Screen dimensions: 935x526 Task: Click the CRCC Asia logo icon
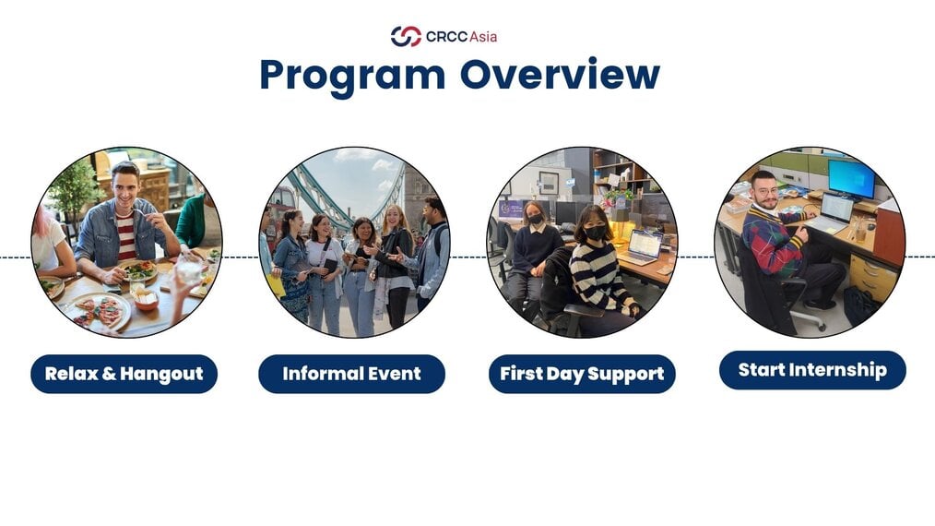tap(406, 36)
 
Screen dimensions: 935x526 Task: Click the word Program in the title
tap(352, 76)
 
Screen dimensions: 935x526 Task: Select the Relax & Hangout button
tap(124, 374)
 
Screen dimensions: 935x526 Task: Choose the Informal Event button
tap(352, 374)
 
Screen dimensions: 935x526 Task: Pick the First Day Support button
tap(582, 374)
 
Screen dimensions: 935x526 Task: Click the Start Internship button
tap(812, 370)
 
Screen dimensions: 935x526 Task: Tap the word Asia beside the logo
tap(483, 36)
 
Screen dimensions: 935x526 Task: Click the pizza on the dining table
tap(100, 311)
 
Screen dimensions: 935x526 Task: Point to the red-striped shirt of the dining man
tap(125, 236)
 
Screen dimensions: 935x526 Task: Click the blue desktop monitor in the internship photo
tap(850, 178)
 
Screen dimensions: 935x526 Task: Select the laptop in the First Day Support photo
tap(642, 247)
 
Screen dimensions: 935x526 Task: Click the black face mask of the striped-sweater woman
tap(595, 233)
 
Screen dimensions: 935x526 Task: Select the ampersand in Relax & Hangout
tap(109, 374)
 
